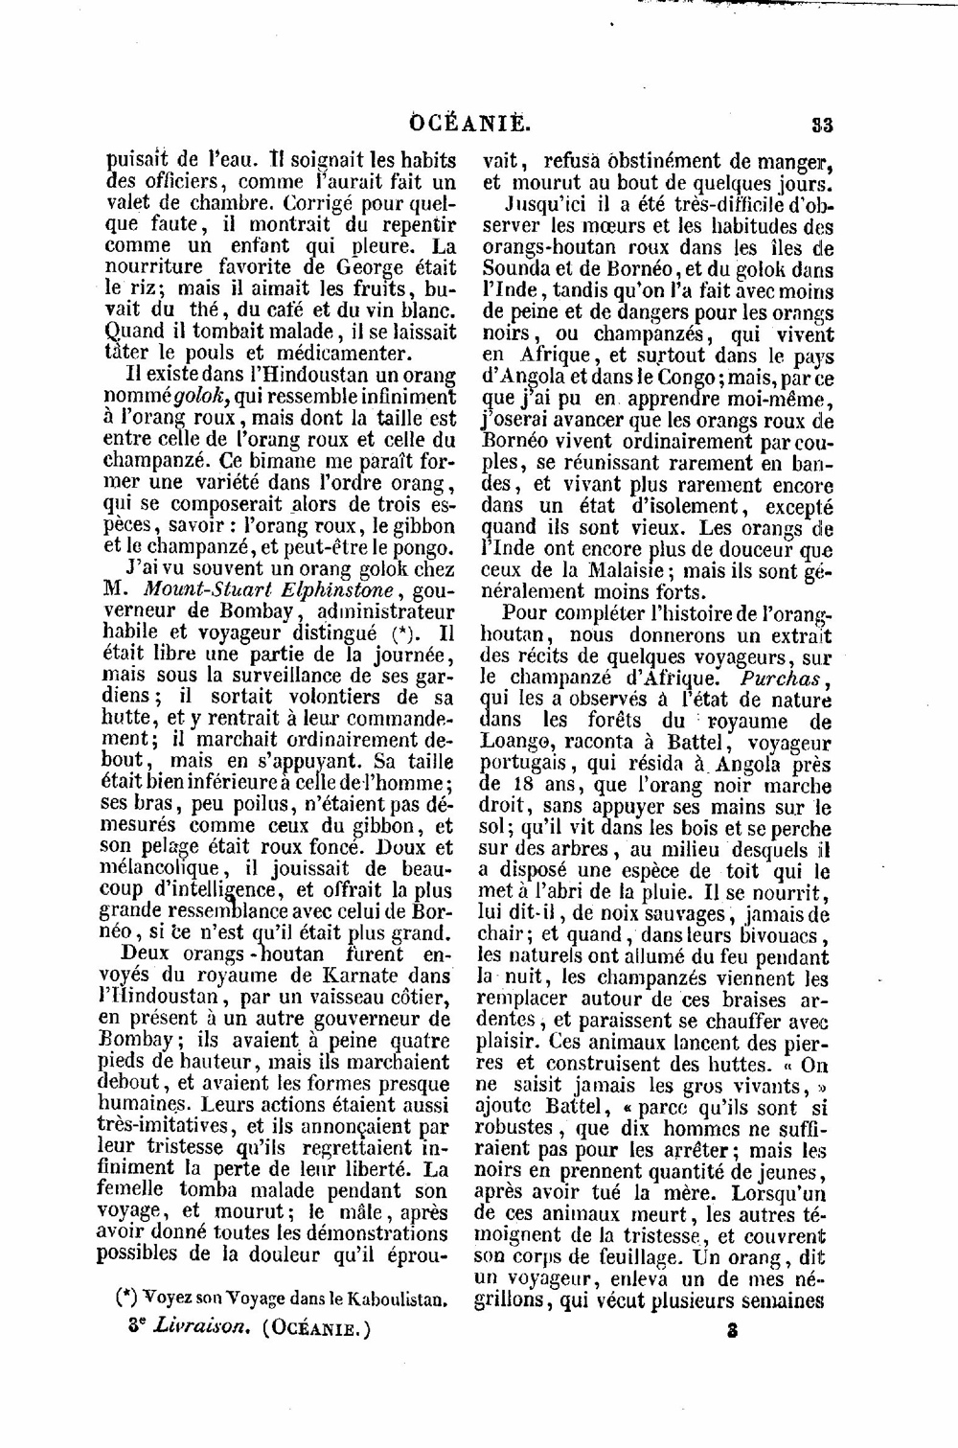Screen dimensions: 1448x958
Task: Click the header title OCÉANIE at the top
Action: pyautogui.click(x=470, y=124)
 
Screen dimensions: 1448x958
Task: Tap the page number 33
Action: pyautogui.click(x=821, y=125)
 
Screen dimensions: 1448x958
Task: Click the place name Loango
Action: pyautogui.click(x=518, y=742)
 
